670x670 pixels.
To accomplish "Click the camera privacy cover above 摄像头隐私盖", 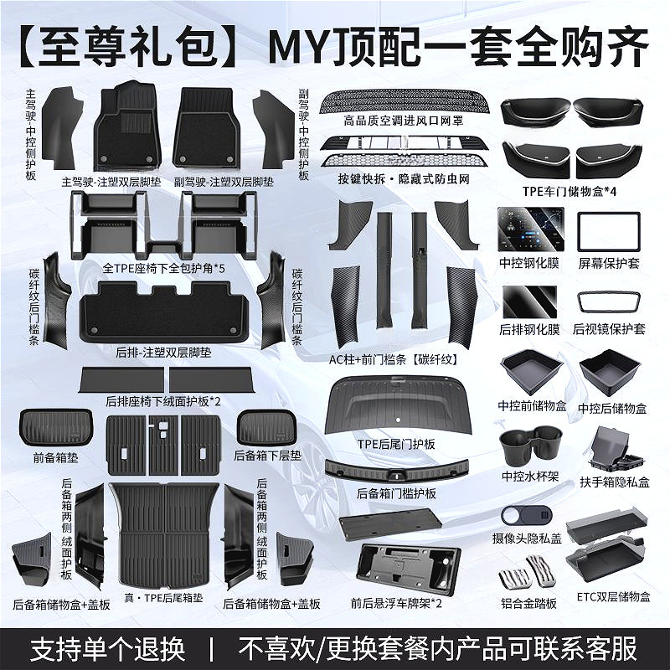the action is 527,516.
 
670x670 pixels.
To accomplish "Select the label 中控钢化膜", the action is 529,262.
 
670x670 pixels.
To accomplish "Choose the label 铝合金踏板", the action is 528,603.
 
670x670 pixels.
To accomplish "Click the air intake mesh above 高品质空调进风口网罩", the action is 402,100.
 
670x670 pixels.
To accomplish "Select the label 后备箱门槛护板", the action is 396,493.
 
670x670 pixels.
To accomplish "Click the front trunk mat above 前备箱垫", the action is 56,427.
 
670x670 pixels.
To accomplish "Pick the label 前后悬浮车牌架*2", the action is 396,603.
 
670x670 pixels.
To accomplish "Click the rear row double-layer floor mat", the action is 163,311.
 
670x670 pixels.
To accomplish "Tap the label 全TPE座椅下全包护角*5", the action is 163,268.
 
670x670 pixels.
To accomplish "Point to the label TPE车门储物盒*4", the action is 569,191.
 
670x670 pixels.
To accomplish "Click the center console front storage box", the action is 532,371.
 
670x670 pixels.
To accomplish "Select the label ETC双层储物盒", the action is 613,596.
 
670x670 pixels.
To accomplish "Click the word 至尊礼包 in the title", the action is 128,47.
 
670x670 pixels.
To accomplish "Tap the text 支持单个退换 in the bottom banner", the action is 108,648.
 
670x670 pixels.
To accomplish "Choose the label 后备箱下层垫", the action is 267,456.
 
